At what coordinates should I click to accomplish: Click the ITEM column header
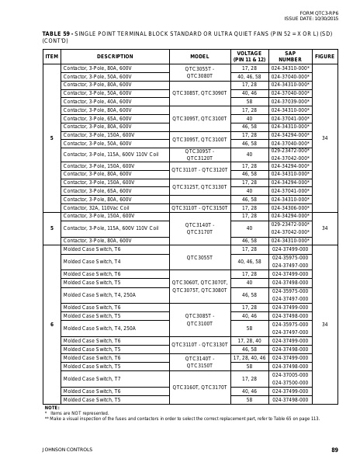tap(52, 57)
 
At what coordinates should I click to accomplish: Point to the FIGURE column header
tap(325, 57)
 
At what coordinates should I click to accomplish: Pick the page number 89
tap(334, 450)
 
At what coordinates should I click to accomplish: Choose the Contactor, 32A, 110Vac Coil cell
tap(98, 207)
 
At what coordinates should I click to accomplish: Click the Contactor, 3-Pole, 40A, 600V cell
tap(98, 101)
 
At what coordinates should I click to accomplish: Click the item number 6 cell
tap(52, 324)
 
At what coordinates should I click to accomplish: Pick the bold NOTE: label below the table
tap(52, 407)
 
